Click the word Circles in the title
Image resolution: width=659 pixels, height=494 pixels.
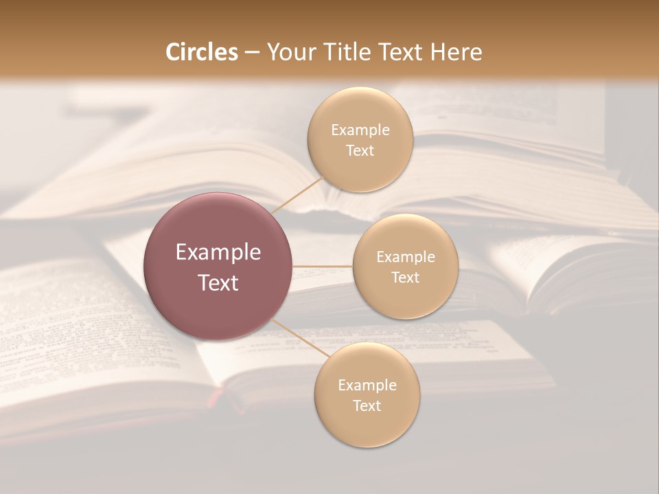[x=201, y=52]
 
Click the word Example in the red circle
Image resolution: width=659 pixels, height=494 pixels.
[x=218, y=252]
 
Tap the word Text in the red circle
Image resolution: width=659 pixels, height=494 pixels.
[x=218, y=283]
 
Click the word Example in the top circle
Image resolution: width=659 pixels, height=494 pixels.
[x=360, y=130]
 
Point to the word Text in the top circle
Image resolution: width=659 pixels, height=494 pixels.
[x=360, y=150]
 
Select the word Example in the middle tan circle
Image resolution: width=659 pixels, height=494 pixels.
[x=405, y=257]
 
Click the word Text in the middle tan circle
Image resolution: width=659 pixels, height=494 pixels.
[x=405, y=277]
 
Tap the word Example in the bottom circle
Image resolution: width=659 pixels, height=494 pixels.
[x=367, y=386]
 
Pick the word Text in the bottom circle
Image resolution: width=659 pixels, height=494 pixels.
[x=367, y=405]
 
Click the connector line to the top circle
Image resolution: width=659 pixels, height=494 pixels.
[x=297, y=195]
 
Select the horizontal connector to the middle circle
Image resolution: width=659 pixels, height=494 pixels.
[x=322, y=266]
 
